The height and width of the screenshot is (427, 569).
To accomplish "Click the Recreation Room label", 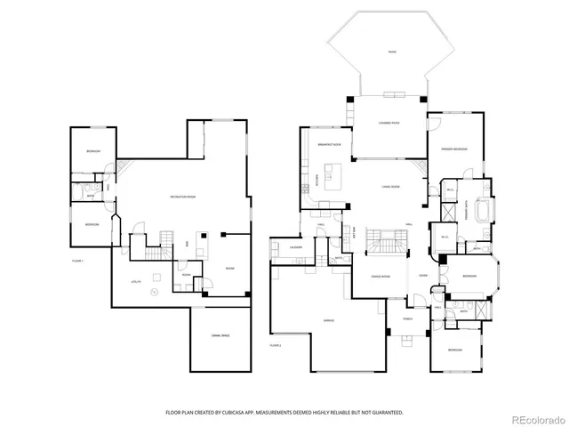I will pos(183,196).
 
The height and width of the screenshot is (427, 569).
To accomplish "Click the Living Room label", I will pos(389,187).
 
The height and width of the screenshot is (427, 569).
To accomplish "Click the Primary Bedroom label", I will pos(454,149).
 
